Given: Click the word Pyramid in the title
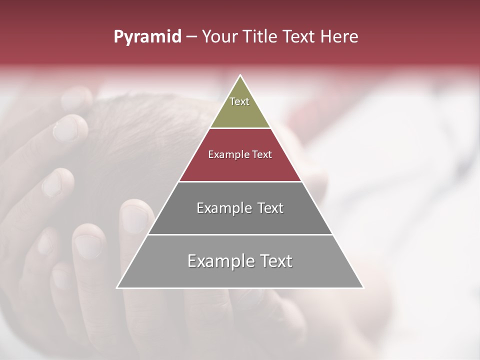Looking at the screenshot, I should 147,37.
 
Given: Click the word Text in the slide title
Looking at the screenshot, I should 300,37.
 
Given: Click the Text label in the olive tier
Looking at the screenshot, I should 239,101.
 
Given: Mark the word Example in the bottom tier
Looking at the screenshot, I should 218,261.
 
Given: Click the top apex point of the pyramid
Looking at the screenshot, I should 240,75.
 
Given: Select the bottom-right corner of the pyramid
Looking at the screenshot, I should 363,287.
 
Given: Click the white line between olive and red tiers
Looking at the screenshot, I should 240,128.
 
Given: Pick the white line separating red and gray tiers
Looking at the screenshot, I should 240,181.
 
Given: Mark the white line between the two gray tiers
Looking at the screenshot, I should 240,234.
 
